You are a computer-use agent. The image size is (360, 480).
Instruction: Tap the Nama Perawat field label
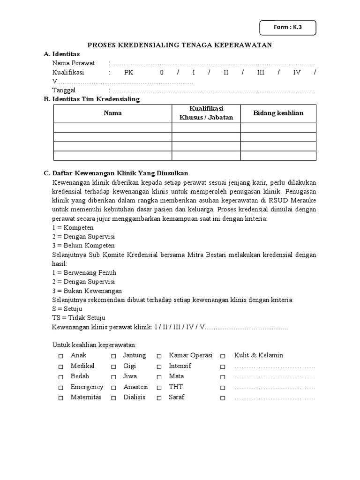pos(74,63)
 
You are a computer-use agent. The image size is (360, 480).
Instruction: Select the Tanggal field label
pos(64,90)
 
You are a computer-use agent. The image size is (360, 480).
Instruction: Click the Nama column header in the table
pos(112,113)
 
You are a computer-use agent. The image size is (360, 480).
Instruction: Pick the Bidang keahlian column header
pos(278,113)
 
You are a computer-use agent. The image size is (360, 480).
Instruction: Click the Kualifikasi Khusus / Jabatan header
pos(206,113)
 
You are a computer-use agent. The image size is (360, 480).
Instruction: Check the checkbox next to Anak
pos(60,356)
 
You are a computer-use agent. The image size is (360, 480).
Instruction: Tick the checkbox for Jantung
pos(113,356)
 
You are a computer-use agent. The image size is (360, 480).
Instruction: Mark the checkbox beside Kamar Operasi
pos(159,356)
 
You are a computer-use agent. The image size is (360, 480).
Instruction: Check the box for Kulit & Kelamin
pos(223,356)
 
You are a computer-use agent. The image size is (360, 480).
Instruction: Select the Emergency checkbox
pos(60,388)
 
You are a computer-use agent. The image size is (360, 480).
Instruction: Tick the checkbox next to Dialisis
pos(113,398)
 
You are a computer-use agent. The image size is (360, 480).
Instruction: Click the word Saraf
pos(177,397)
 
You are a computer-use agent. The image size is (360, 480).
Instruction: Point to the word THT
pos(176,387)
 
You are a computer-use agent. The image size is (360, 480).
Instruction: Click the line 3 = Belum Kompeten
pos(83,246)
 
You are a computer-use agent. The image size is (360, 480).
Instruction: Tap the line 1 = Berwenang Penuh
pos(84,273)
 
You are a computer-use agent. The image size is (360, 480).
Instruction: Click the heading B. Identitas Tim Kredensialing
pos(92,99)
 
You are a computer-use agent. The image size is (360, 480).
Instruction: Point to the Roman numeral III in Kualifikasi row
pos(261,73)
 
